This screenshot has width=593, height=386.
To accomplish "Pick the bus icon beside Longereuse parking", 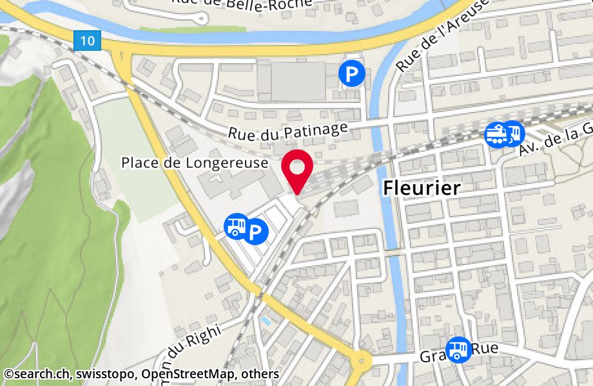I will (x=235, y=226).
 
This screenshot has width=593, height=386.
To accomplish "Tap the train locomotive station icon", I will (x=496, y=134).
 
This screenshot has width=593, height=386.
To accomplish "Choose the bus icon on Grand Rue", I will (x=458, y=349).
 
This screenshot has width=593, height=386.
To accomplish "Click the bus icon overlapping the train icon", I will (x=513, y=133).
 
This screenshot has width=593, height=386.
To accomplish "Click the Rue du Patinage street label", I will (x=288, y=131).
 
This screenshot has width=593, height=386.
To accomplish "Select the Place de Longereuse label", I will (x=194, y=163).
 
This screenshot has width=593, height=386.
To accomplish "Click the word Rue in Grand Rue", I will (x=486, y=348).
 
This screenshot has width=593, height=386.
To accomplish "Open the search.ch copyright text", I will (x=36, y=374).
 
